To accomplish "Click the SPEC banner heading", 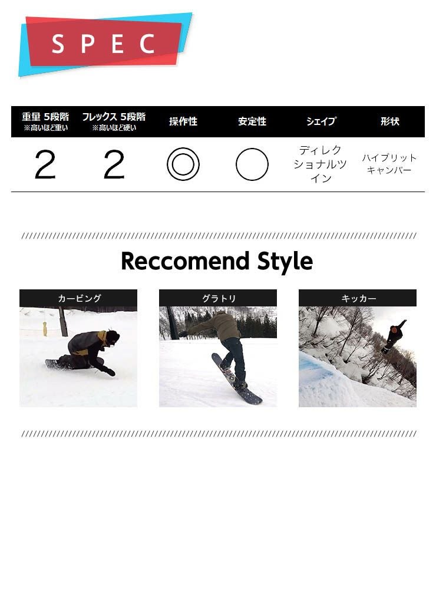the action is (x=103, y=44).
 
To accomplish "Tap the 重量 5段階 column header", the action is (x=45, y=117).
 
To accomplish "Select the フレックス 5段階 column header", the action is (x=114, y=117).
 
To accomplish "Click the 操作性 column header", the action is (x=183, y=121).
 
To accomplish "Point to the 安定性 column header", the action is (x=252, y=121).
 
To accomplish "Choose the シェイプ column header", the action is (x=321, y=121).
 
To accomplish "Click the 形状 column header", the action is (x=389, y=121).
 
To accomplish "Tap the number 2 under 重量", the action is (x=45, y=165).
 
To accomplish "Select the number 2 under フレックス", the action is (x=114, y=165).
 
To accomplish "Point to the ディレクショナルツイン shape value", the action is (x=321, y=164).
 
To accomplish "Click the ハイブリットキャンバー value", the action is (x=389, y=164).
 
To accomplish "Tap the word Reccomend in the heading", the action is (x=185, y=261).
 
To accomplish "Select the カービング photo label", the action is (x=80, y=298).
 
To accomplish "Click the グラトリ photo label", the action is (x=219, y=298).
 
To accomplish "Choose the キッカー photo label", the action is (x=358, y=298).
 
